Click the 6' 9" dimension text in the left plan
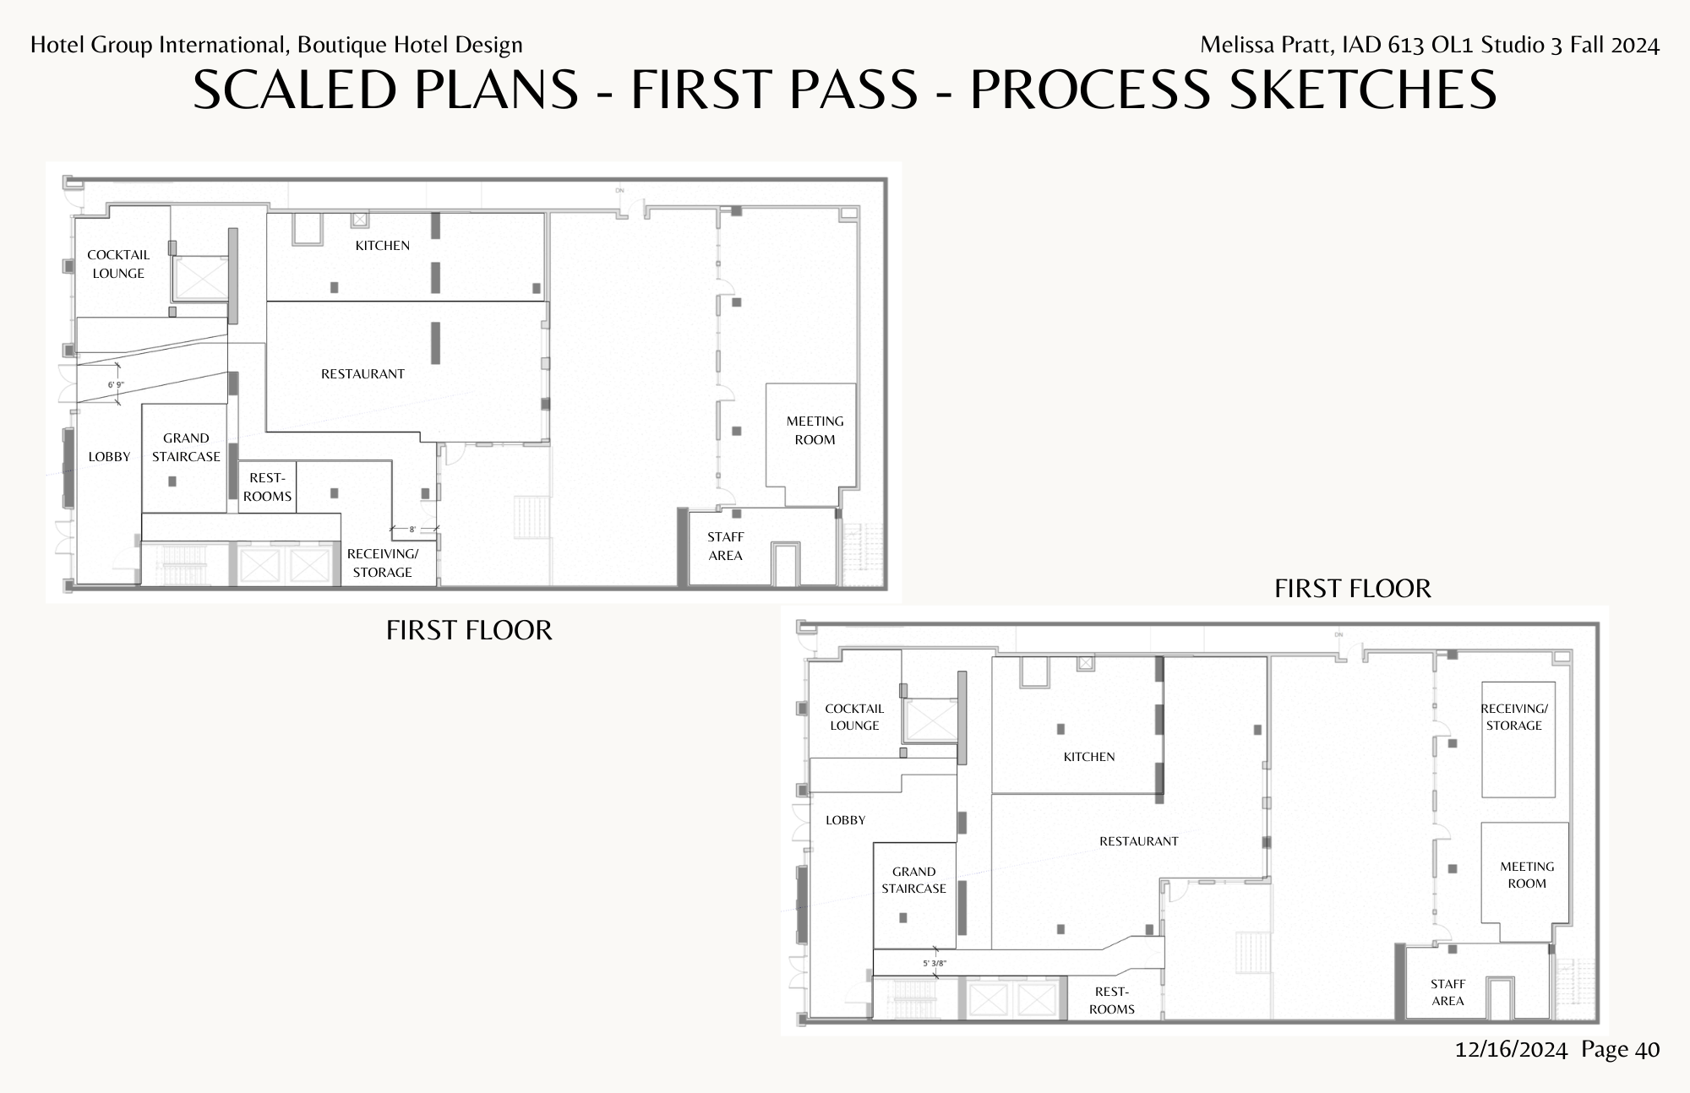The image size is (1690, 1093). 116,385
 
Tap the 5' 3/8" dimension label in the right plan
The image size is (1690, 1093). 935,963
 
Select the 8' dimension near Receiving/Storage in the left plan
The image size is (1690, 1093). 412,530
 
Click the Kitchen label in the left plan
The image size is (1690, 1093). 382,246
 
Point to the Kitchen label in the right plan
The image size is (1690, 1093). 1088,757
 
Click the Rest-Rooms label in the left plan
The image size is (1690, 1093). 267,487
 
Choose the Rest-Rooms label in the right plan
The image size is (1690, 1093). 1111,1000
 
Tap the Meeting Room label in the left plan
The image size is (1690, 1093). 815,430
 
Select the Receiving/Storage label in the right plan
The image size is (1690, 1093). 1514,717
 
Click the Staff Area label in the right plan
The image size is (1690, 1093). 1447,992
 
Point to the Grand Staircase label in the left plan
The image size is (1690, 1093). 186,447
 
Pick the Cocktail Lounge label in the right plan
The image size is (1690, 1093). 854,717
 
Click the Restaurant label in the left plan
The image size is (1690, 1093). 363,374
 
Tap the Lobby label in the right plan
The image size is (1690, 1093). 845,820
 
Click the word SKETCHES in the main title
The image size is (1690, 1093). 1362,90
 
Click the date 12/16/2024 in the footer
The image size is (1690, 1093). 1511,1050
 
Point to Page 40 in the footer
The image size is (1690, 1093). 1620,1050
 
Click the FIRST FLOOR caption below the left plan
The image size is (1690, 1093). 469,630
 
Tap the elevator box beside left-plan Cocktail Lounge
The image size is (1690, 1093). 201,278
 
